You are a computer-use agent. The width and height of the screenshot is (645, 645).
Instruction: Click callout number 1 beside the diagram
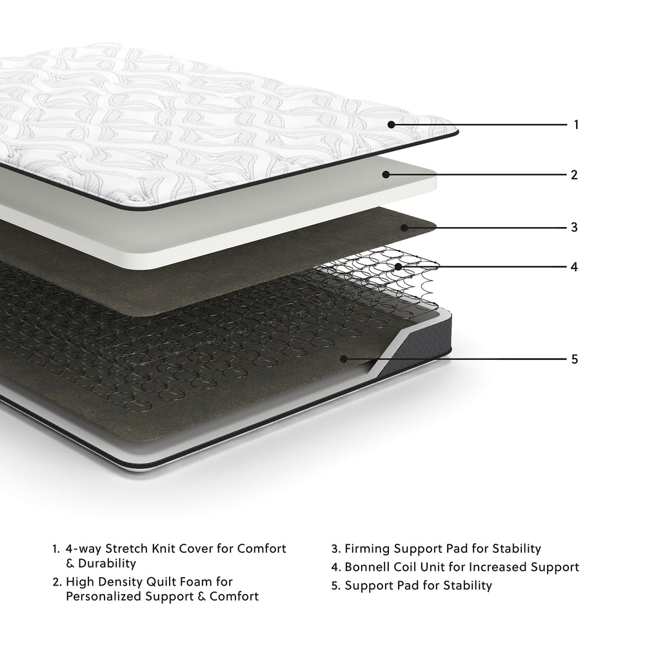(576, 124)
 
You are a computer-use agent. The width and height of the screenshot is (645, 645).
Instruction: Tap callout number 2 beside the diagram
(574, 174)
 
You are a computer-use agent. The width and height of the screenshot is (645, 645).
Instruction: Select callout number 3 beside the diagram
(574, 227)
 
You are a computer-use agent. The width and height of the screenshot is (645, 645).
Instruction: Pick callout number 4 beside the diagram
(574, 266)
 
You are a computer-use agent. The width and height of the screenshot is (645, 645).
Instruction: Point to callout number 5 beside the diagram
(575, 359)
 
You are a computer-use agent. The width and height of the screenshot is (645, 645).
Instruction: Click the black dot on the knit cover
(392, 124)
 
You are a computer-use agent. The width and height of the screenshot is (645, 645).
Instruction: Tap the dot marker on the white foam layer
(386, 174)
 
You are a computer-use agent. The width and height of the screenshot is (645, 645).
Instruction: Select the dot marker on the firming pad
(404, 227)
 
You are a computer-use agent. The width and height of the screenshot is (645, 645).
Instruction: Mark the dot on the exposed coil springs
(399, 266)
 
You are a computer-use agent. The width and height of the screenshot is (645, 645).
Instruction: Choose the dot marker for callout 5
(344, 359)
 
